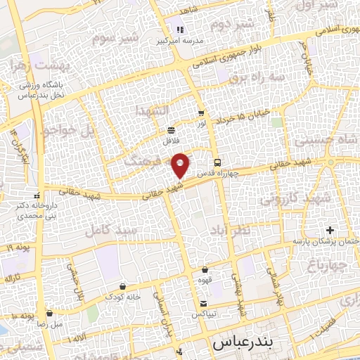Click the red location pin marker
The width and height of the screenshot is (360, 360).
pos(180,165)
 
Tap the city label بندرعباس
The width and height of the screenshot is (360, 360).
pos(242,345)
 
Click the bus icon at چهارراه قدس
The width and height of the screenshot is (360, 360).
pos(217,160)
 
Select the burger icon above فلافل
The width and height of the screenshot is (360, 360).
pos(172,130)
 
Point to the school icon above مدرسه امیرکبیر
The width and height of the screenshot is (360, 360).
pos(179,30)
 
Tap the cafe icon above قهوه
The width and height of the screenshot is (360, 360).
pos(205,269)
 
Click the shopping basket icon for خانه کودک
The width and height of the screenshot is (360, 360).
pos(124,286)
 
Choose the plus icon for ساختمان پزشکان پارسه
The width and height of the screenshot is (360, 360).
pos(330,231)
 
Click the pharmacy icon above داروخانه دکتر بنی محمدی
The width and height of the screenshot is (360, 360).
pos(37,196)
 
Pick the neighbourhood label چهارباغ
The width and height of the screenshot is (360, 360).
pos(327,265)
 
